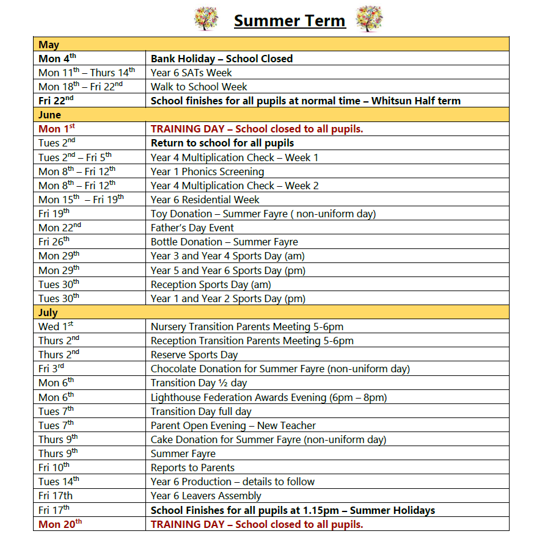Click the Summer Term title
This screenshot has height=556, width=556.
(x=290, y=21)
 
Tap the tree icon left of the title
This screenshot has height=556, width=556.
(x=207, y=19)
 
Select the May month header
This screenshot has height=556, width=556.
(x=49, y=45)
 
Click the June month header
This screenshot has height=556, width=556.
(x=50, y=115)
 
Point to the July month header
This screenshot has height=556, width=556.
(x=48, y=312)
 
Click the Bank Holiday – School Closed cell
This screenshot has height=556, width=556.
(x=222, y=59)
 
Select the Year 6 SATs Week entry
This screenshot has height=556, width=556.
(x=191, y=73)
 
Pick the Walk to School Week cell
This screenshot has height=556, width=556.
(x=199, y=87)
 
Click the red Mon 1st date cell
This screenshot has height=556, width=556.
(x=57, y=129)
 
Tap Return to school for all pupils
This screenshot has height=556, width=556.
(x=222, y=143)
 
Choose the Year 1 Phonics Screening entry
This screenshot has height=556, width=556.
(x=208, y=171)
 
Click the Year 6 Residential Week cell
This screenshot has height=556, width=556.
(x=205, y=200)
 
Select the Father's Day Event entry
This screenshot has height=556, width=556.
(x=192, y=228)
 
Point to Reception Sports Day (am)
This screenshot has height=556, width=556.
(x=211, y=284)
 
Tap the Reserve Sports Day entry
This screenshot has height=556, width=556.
(x=194, y=355)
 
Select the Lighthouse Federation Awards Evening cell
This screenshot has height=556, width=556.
(x=269, y=397)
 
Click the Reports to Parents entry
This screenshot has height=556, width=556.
(x=192, y=468)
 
